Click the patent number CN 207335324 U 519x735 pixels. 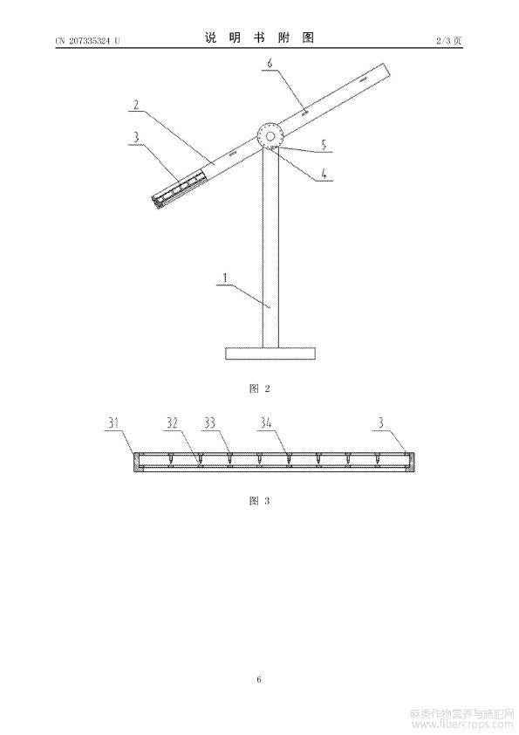click(x=87, y=41)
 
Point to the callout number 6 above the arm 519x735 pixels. click(x=270, y=62)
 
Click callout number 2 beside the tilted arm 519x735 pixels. click(x=136, y=104)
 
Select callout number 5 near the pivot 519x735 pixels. click(x=324, y=145)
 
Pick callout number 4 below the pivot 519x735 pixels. click(x=324, y=174)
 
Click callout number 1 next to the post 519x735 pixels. click(x=225, y=278)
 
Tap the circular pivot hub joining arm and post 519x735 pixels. click(x=270, y=136)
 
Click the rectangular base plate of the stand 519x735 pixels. click(x=270, y=353)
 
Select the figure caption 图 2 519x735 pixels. click(x=260, y=388)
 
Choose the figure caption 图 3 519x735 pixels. click(x=260, y=501)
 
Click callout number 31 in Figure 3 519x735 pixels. click(x=113, y=423)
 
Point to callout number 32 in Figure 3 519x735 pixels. click(x=173, y=423)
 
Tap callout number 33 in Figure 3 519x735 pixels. click(x=209, y=423)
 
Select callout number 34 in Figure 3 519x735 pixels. click(x=265, y=423)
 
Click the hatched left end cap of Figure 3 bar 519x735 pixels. click(x=136, y=462)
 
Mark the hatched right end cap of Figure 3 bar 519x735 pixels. click(x=411, y=462)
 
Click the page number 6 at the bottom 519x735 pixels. click(x=259, y=679)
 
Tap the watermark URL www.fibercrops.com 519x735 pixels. click(x=461, y=725)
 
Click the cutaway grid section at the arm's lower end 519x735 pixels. click(x=179, y=189)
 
